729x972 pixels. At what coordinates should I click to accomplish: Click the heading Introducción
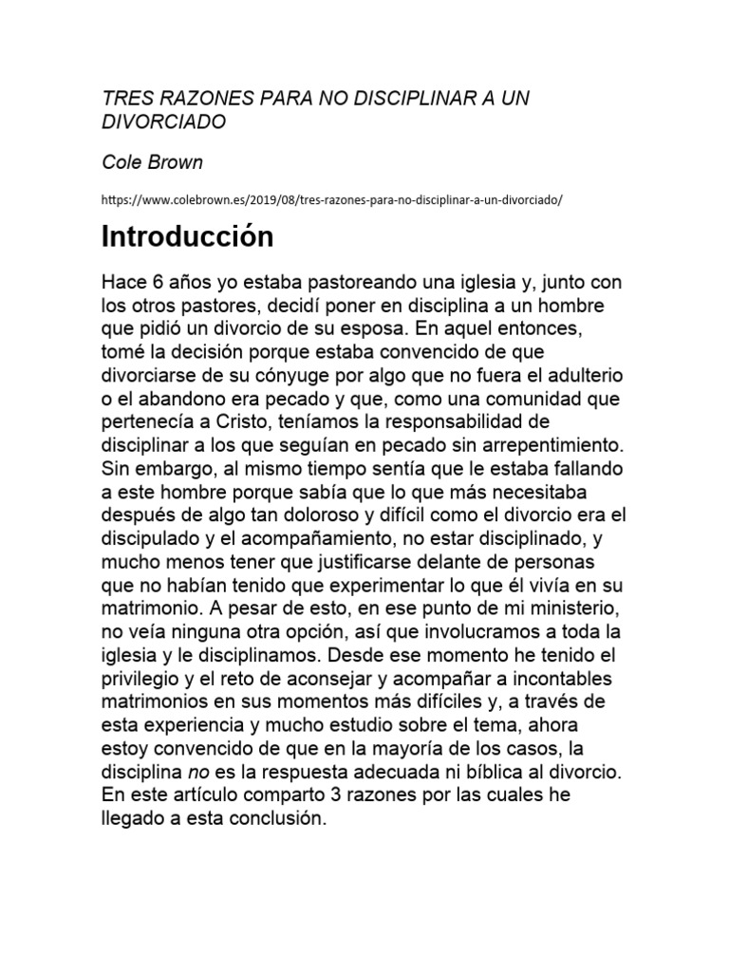click(x=188, y=236)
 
